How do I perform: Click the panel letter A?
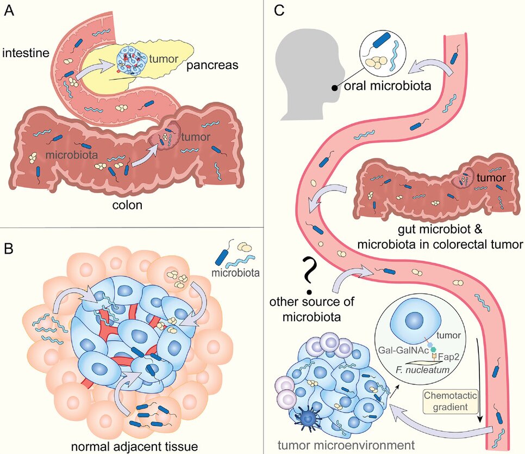coord(9,11)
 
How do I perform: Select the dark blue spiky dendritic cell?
coord(307,420)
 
